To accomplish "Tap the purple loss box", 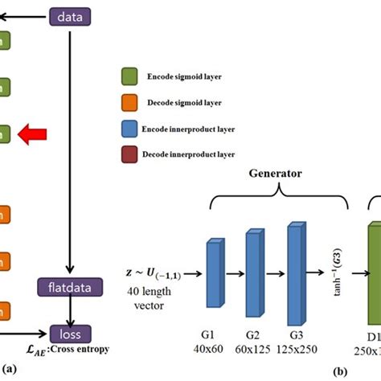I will (70, 331).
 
